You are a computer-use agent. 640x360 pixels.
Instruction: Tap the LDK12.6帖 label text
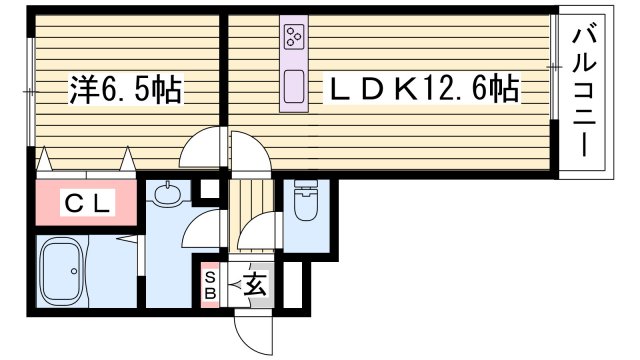tap(425, 92)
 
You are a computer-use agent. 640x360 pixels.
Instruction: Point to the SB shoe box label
tap(210, 286)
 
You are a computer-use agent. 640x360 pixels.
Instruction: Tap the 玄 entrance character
tap(254, 286)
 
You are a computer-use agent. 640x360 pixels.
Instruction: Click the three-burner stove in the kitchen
tap(294, 38)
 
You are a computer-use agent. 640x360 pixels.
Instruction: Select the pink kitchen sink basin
tap(294, 89)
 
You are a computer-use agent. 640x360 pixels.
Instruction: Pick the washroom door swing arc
tap(205, 228)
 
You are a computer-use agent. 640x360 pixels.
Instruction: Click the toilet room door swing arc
tap(258, 235)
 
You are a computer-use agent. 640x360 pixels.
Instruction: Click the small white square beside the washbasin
tap(208, 189)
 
